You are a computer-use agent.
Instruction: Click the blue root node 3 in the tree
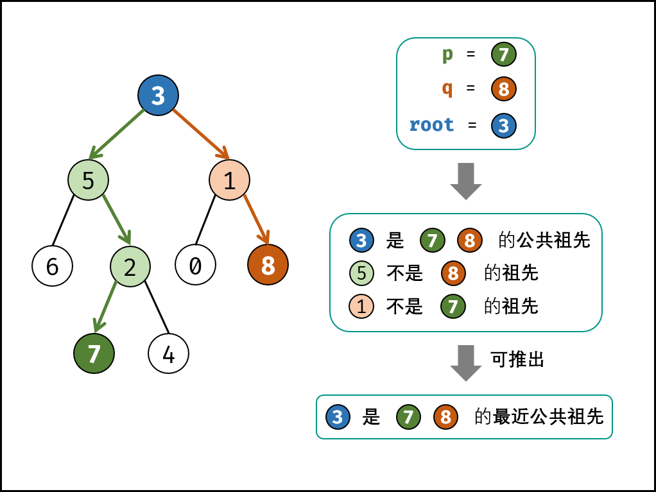tap(158, 96)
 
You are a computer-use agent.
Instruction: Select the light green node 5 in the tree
tap(89, 180)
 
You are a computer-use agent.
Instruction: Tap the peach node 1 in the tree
tap(229, 180)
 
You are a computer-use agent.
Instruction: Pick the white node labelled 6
tap(52, 266)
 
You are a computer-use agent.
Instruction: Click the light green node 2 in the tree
tap(130, 266)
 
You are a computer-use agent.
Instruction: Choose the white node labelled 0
tap(195, 265)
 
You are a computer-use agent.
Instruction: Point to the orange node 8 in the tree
tap(268, 265)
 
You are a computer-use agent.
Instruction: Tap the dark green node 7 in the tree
tap(94, 353)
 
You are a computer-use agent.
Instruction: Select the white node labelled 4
tap(168, 353)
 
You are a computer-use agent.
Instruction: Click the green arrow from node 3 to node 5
tap(117, 134)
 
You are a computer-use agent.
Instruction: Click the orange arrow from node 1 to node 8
tap(257, 219)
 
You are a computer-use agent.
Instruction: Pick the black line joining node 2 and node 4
tap(157, 307)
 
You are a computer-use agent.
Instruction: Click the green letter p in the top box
tap(447, 55)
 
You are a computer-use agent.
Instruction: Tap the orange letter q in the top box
tap(447, 89)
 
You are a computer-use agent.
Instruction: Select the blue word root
tap(431, 124)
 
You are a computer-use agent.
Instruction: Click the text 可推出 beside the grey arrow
tap(517, 359)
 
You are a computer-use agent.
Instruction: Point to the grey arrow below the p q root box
tap(465, 182)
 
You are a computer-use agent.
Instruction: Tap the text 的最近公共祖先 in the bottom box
tap(539, 416)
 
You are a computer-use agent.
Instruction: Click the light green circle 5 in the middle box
tap(361, 273)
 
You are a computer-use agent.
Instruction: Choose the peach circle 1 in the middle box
tap(361, 307)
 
